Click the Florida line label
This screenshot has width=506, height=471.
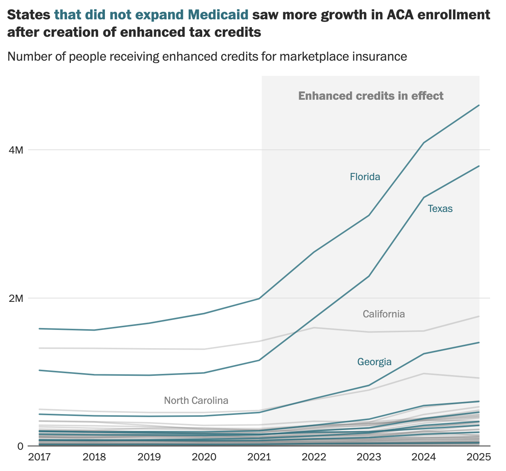[x=365, y=177]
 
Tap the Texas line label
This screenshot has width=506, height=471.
[x=440, y=209]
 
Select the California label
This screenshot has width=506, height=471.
[x=384, y=314]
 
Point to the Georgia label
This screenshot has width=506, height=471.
[x=374, y=362]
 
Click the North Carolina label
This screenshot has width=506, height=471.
[x=196, y=400]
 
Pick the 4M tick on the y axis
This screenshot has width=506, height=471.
[x=16, y=150]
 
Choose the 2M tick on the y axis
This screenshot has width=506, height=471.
[x=16, y=298]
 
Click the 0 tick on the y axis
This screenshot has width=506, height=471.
[x=20, y=446]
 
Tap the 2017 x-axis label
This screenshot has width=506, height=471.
[x=40, y=457]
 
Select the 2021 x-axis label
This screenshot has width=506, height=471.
[x=259, y=457]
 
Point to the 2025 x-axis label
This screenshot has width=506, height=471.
[x=479, y=457]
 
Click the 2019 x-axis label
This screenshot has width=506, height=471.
[x=150, y=457]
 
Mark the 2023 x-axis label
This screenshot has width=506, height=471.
[x=369, y=457]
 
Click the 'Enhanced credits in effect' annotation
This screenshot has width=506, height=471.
[x=371, y=96]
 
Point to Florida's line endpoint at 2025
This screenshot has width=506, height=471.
[x=479, y=105]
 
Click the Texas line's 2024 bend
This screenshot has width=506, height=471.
[x=424, y=197]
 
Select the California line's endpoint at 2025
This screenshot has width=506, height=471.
[x=479, y=316]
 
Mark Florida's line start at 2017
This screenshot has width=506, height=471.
[x=40, y=328]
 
